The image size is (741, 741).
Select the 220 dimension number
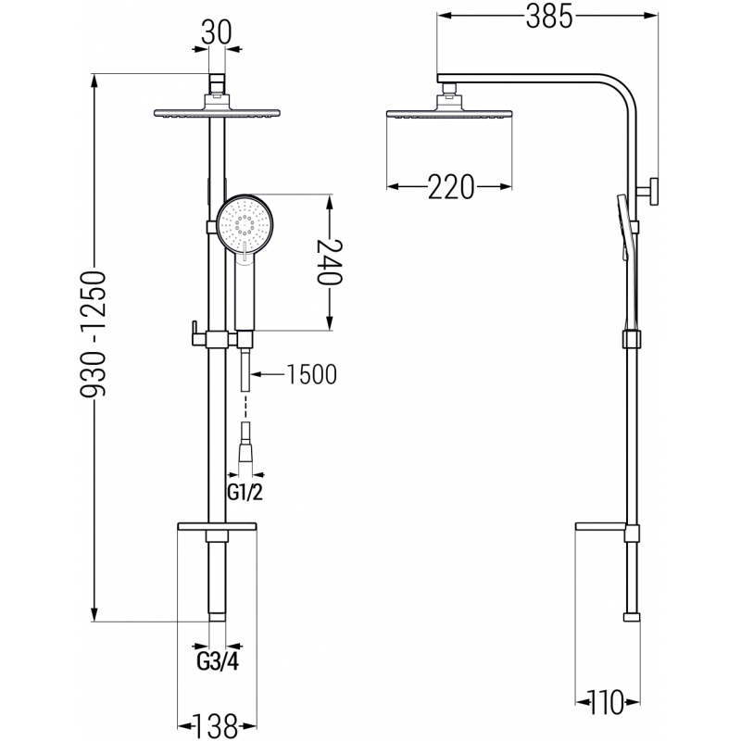pos(451,187)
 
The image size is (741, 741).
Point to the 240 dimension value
pos(331,262)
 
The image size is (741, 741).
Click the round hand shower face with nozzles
pos(244,222)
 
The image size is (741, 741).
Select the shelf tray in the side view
pos(604,528)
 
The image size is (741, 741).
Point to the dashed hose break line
pos(245,405)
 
